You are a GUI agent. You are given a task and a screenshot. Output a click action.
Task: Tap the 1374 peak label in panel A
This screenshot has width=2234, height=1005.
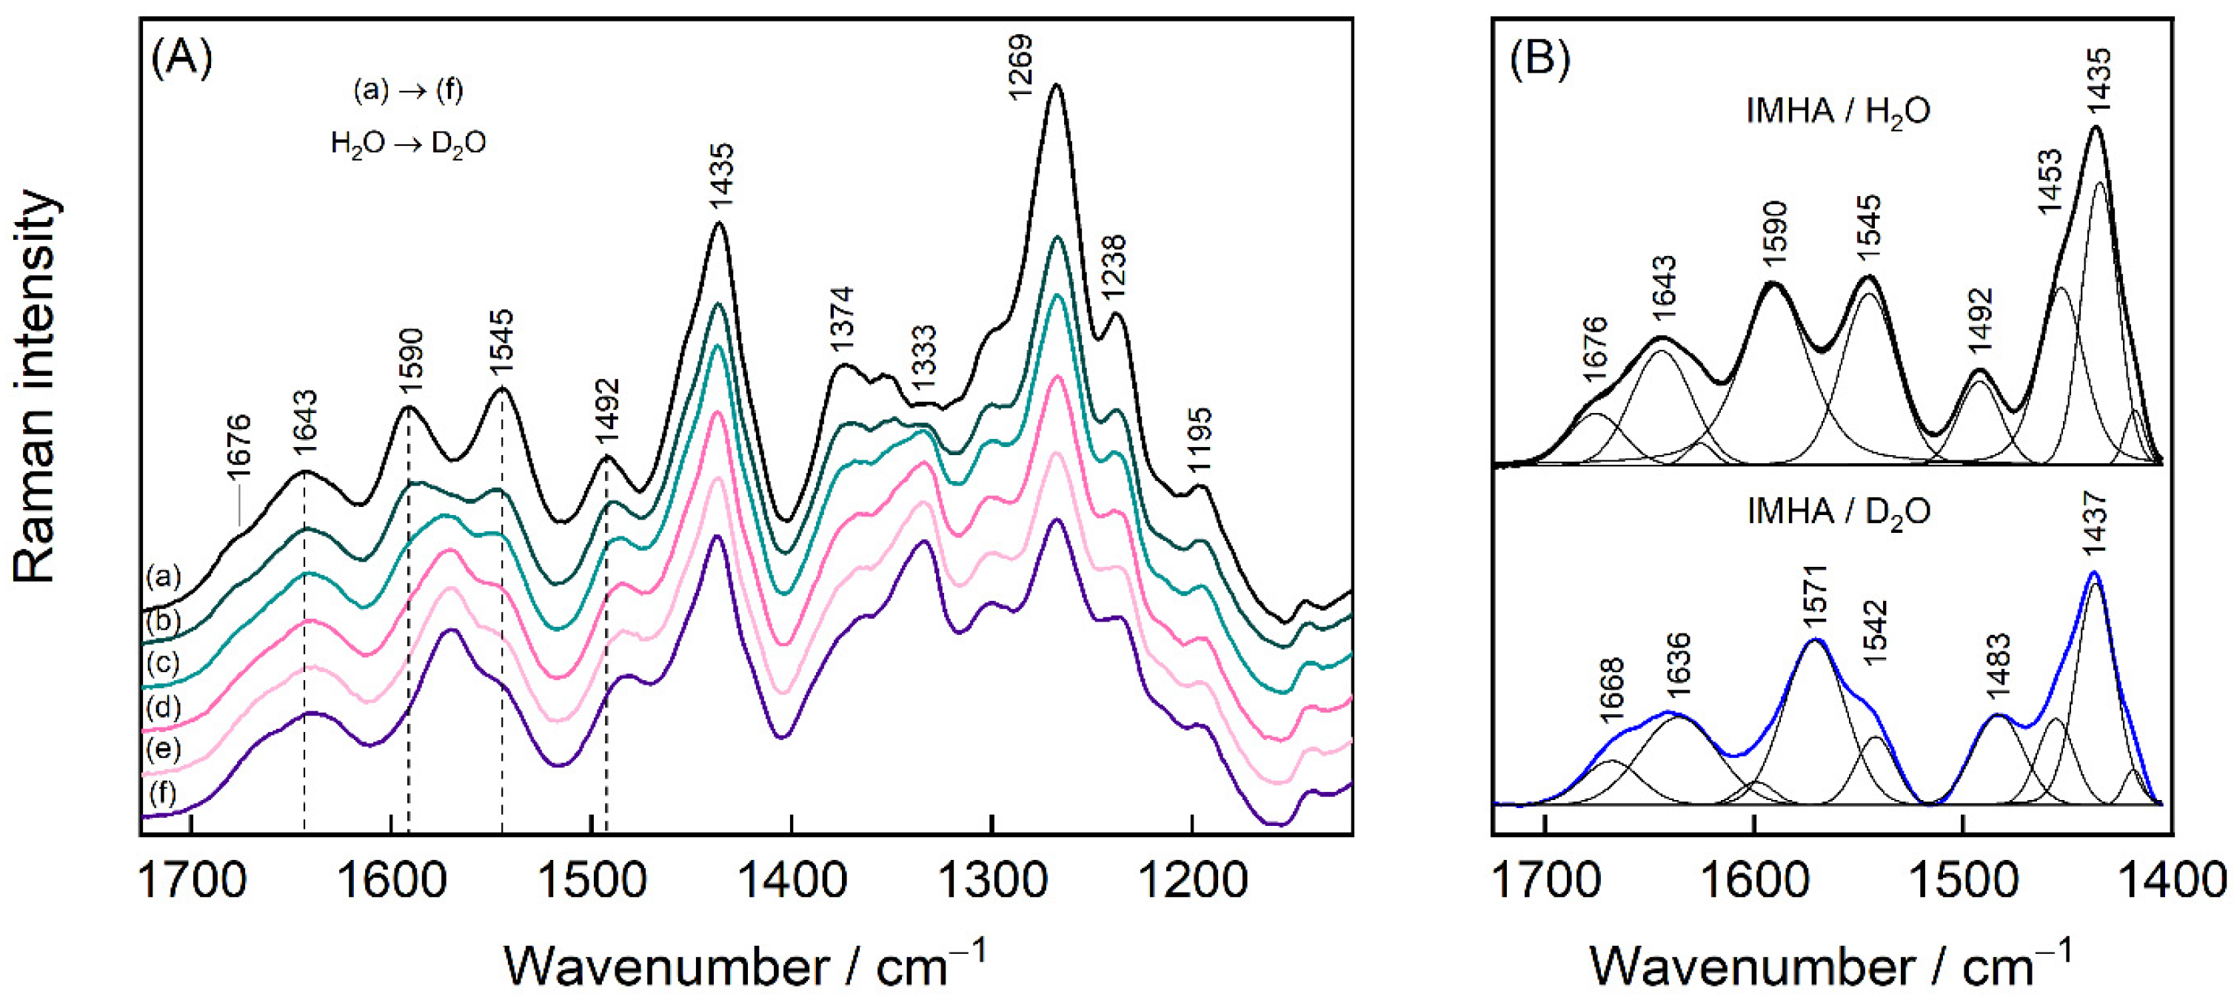tap(841, 318)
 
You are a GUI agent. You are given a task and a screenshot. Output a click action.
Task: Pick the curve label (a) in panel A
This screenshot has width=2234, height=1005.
tap(163, 577)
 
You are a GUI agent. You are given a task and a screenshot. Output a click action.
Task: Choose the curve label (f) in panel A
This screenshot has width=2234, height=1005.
tap(163, 793)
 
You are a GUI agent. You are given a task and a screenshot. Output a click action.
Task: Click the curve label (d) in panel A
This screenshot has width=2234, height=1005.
tap(163, 707)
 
